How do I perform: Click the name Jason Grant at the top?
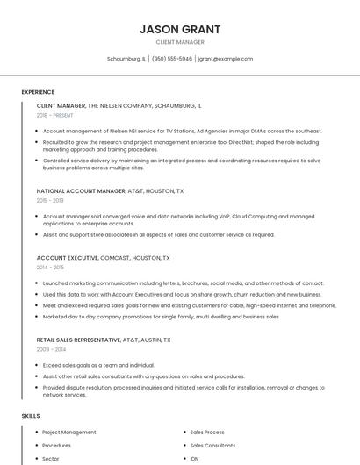pos(180,29)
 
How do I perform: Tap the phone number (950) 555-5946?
pos(171,59)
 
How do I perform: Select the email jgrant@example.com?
pos(226,59)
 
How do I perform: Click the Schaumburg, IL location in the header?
pos(126,59)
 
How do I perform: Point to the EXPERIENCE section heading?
pos(38,92)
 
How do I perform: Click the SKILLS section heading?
pos(31,415)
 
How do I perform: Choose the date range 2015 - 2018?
pos(50,200)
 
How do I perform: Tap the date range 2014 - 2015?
pos(50,268)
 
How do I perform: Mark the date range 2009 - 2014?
pos(50,349)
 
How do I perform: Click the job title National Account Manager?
pos(81,190)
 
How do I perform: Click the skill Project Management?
pos(69,433)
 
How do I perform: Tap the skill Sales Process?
pos(207,433)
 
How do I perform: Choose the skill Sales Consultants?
pos(212,446)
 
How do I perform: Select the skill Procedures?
pos(57,446)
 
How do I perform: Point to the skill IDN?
pos(194,459)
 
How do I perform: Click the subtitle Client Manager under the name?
pos(180,42)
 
